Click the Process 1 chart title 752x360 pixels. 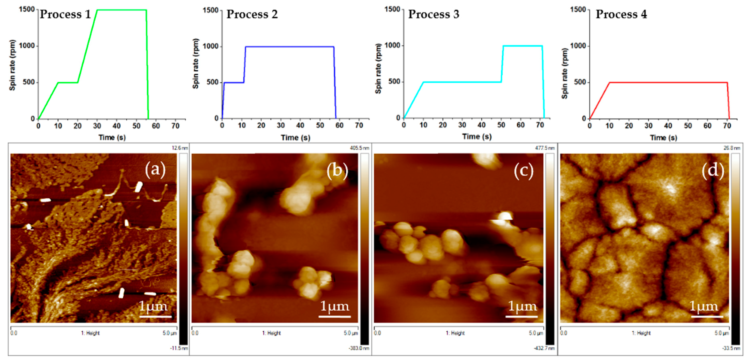pyautogui.click(x=65, y=14)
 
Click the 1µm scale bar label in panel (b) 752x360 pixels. pyautogui.click(x=335, y=306)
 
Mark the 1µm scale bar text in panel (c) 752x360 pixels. pyautogui.click(x=522, y=306)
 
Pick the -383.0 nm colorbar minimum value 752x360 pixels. pyautogui.click(x=359, y=348)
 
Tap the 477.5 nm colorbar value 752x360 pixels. pyautogui.click(x=544, y=148)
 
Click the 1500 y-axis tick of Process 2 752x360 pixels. pyautogui.click(x=210, y=10)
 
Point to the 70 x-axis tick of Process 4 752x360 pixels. pyautogui.click(x=727, y=126)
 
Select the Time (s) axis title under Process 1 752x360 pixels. pyautogui.click(x=112, y=137)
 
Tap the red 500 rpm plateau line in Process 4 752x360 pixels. pyautogui.click(x=669, y=83)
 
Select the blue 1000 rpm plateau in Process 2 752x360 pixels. pyautogui.click(x=290, y=47)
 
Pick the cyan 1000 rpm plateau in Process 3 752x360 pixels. pyautogui.click(x=523, y=46)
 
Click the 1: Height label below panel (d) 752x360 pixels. pyautogui.click(x=641, y=333)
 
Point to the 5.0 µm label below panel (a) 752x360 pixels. pyautogui.click(x=170, y=333)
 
